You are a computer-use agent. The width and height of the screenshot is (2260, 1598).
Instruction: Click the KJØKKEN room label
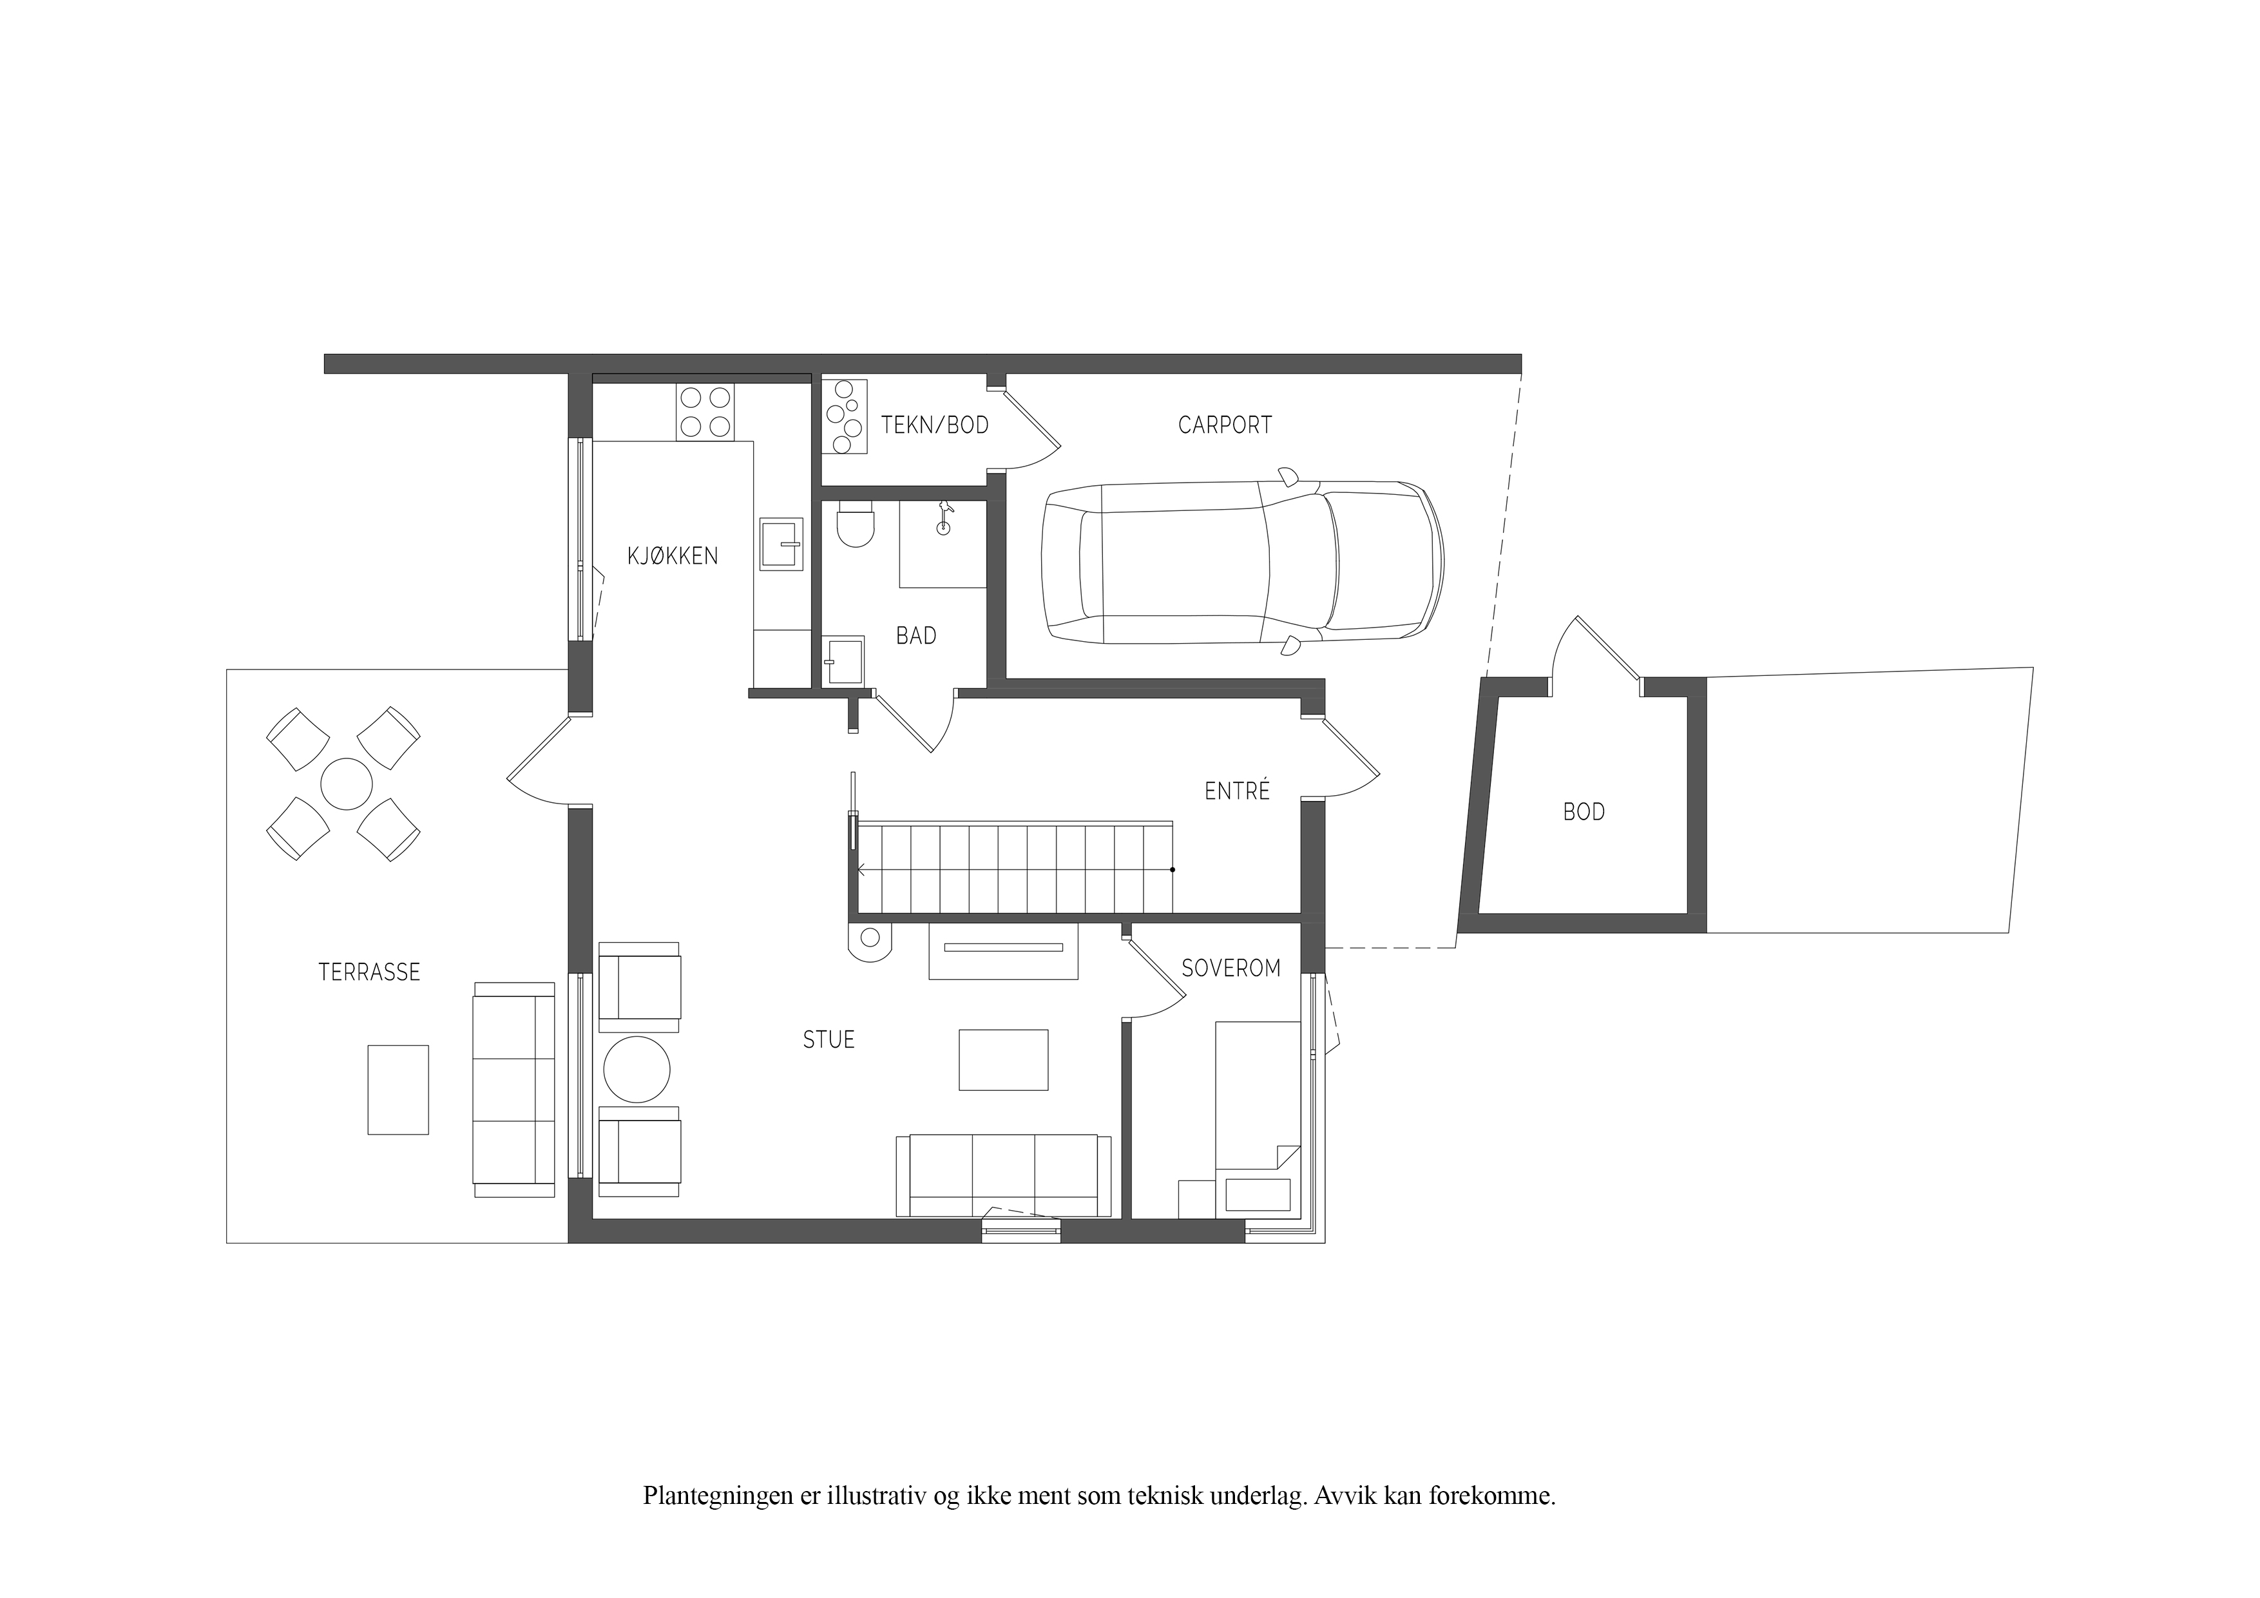pyautogui.click(x=673, y=556)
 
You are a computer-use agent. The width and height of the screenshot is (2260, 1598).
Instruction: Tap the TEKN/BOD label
pyautogui.click(x=934, y=425)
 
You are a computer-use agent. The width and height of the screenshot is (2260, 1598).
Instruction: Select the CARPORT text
pyautogui.click(x=1225, y=425)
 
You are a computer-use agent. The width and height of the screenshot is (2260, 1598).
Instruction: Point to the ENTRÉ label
pyautogui.click(x=1238, y=791)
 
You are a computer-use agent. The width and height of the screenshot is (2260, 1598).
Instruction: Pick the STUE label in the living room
pyautogui.click(x=828, y=1040)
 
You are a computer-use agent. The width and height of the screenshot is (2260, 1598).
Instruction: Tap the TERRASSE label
pyautogui.click(x=369, y=973)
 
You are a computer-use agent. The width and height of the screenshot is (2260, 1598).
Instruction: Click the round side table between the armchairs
pyautogui.click(x=637, y=1069)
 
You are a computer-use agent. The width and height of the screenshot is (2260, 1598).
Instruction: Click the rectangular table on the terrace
pyautogui.click(x=397, y=1090)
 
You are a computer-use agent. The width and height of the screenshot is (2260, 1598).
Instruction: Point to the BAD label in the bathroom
pyautogui.click(x=916, y=636)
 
